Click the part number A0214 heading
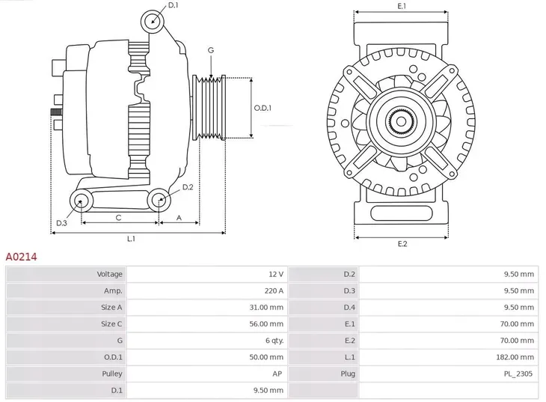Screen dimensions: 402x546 [x=22, y=256]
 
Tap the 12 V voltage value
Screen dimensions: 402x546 [x=275, y=274]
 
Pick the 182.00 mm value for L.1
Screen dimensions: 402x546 [x=518, y=356]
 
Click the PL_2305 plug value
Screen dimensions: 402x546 [x=519, y=373]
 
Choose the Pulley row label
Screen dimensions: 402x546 [x=112, y=373]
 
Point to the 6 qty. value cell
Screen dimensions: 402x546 [x=272, y=340]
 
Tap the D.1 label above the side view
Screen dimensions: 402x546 [x=174, y=6]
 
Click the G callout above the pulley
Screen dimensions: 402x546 [x=211, y=50]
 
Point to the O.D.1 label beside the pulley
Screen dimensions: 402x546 [x=263, y=108]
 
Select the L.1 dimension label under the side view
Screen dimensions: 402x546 [x=132, y=239]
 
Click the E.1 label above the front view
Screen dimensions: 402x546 [x=402, y=6]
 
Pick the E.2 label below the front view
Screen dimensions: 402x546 [x=402, y=245]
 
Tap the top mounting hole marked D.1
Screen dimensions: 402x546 [x=153, y=19]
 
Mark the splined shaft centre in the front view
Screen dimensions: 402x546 [x=402, y=121]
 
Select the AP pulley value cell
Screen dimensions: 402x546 [x=277, y=373]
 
